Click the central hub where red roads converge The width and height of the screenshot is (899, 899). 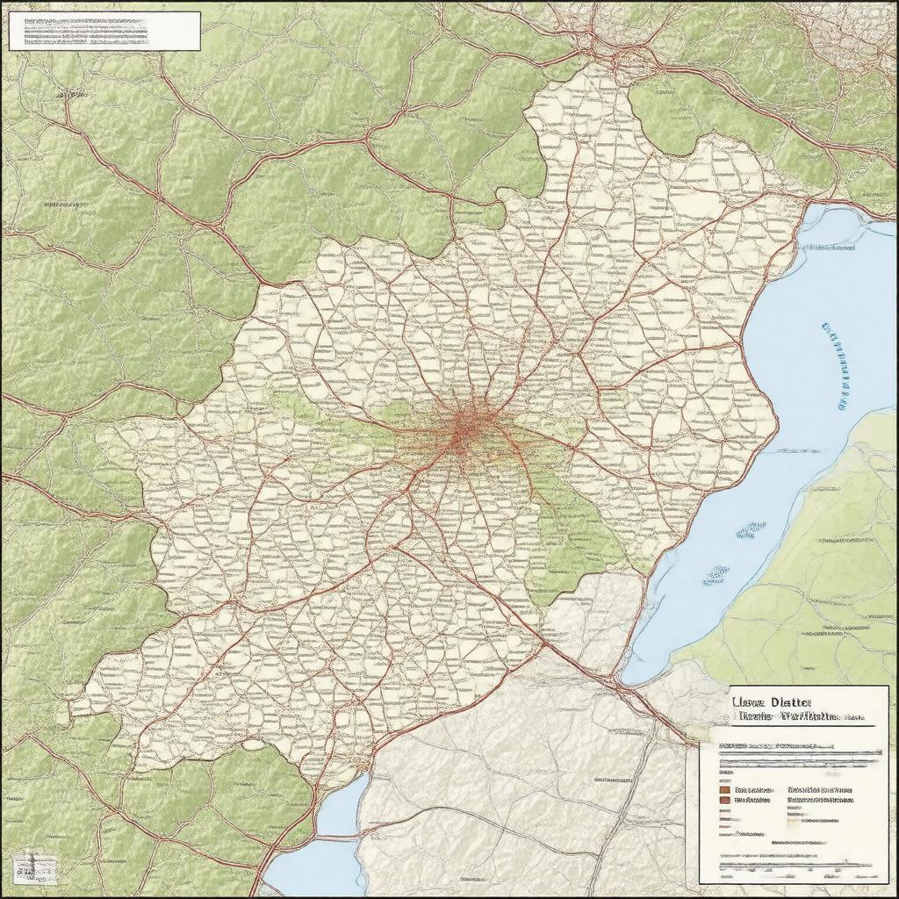(x=466, y=429)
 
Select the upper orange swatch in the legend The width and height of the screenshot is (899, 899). (x=724, y=789)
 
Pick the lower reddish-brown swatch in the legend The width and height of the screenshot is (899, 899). (x=724, y=800)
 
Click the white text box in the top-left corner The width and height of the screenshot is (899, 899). (x=104, y=31)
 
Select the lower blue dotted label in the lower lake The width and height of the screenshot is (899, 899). (x=716, y=575)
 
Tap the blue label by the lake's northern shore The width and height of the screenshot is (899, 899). (x=830, y=248)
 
